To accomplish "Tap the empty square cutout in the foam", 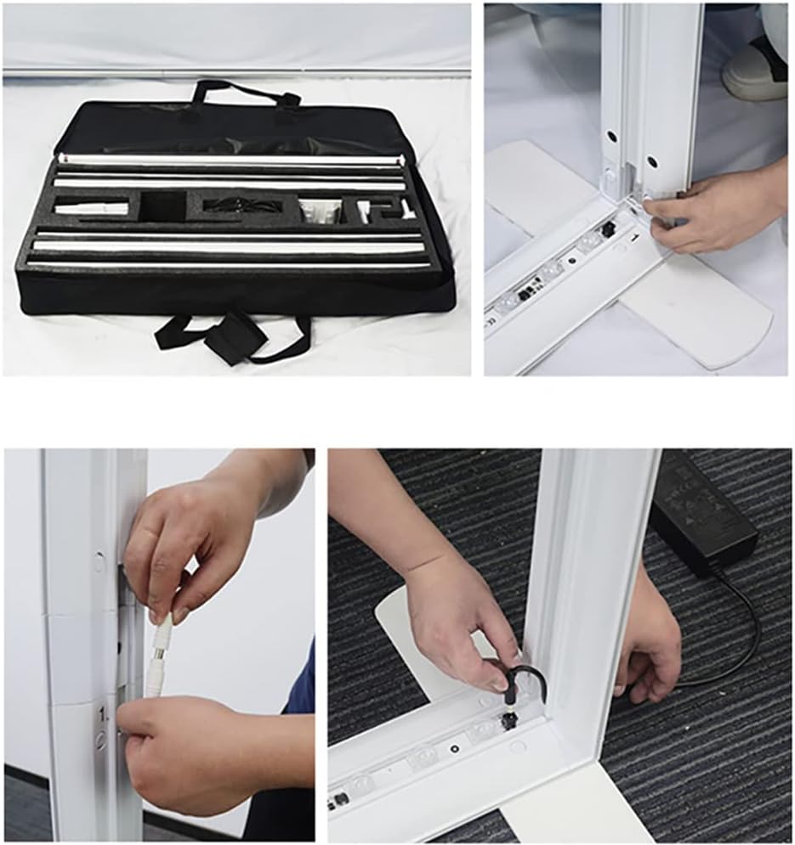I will (164, 206).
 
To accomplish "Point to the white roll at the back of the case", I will (230, 159).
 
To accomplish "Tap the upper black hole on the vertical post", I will (610, 136).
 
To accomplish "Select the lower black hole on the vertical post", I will (651, 161).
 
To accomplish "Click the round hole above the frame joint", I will (99, 561).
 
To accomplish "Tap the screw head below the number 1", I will (101, 739).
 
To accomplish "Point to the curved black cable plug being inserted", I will (523, 679).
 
